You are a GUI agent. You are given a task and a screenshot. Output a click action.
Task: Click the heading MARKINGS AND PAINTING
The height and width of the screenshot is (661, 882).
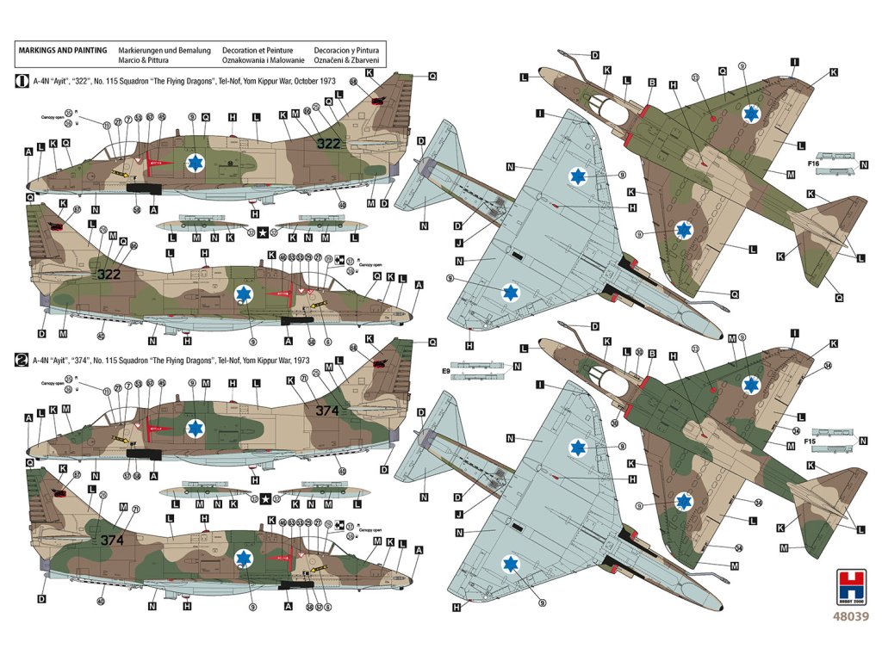click(63, 51)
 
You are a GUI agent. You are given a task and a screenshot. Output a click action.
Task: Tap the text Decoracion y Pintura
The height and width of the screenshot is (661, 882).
click(348, 51)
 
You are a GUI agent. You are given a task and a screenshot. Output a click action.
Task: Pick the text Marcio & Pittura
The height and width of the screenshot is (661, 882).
click(144, 61)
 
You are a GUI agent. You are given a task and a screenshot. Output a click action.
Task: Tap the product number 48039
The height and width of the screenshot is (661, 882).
click(850, 616)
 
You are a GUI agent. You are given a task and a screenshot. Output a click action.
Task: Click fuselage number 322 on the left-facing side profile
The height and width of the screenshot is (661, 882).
click(329, 144)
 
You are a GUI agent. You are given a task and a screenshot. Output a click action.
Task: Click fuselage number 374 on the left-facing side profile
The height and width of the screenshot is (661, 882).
click(327, 411)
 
